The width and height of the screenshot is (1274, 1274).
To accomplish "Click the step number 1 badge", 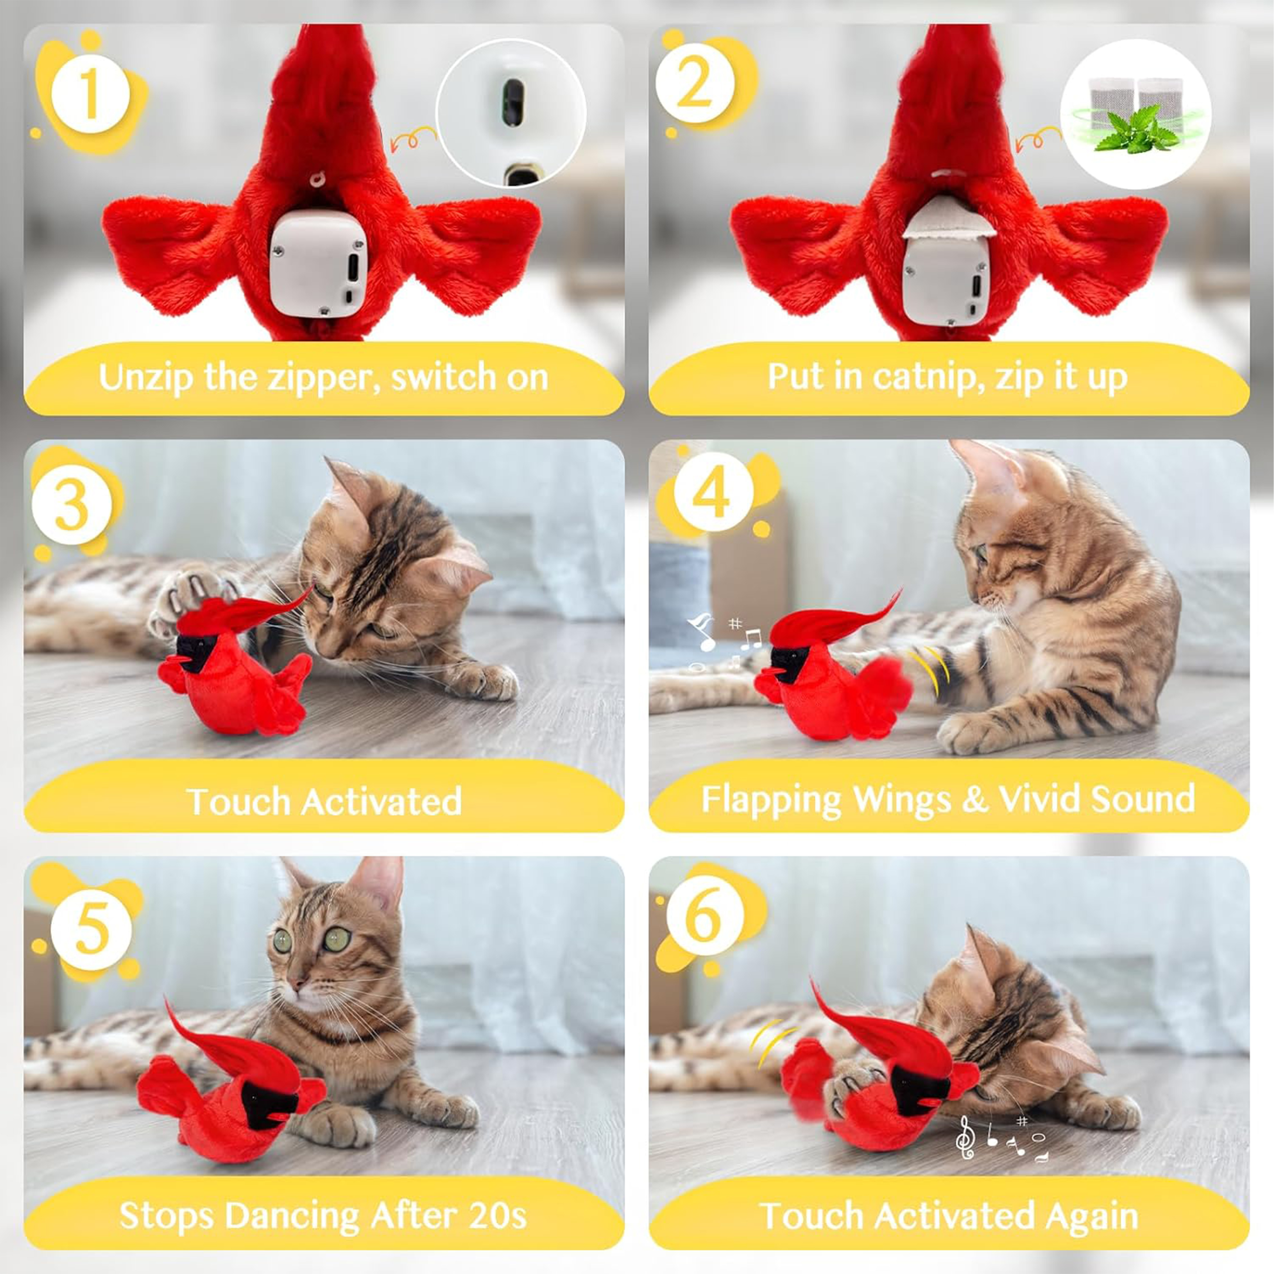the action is pyautogui.click(x=90, y=94).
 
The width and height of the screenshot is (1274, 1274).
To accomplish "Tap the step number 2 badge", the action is pyautogui.click(x=694, y=84).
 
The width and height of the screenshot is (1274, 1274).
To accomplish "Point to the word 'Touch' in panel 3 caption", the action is pyautogui.click(x=239, y=802).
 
